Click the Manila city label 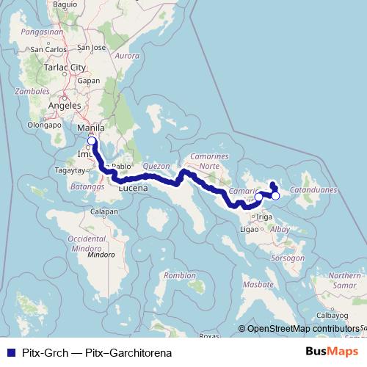pyautogui.click(x=90, y=128)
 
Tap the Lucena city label pyautogui.click(x=133, y=189)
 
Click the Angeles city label pyautogui.click(x=63, y=105)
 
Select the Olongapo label pyautogui.click(x=42, y=125)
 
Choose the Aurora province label pyautogui.click(x=127, y=56)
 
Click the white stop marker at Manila pyautogui.click(x=92, y=141)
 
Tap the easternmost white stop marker pyautogui.click(x=275, y=196)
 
